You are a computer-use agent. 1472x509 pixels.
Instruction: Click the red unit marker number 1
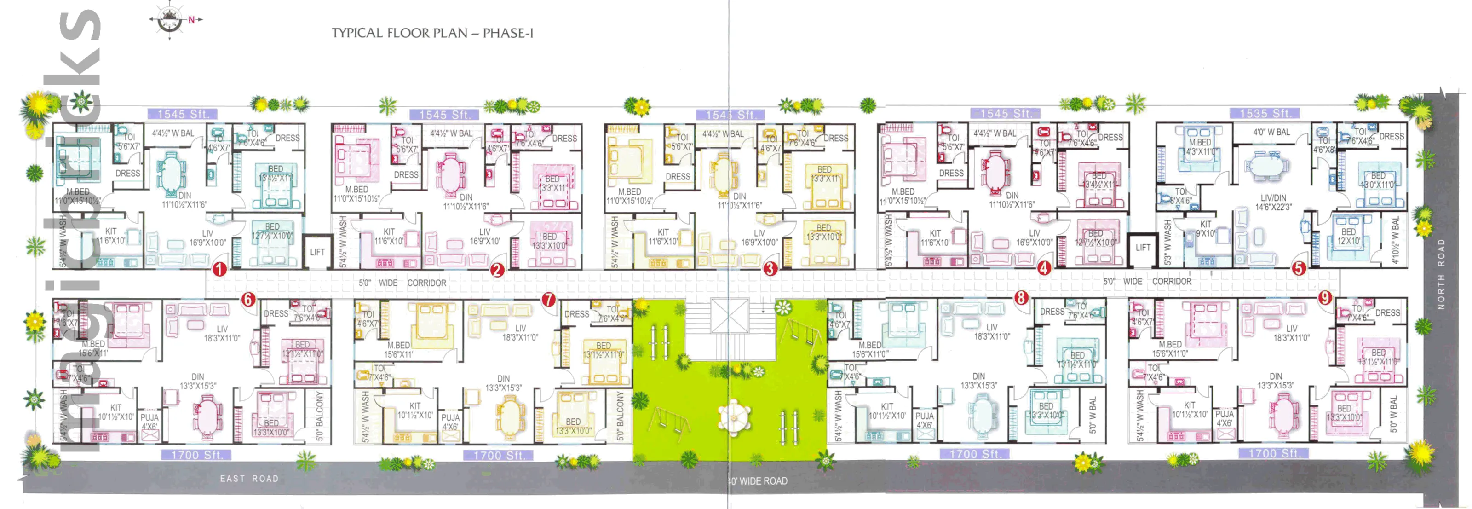[x=219, y=269]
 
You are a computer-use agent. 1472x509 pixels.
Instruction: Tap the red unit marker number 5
[x=1299, y=268]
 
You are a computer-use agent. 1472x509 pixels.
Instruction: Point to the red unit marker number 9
[x=1325, y=297]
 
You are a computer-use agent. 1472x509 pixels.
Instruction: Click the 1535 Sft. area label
[x=1265, y=113]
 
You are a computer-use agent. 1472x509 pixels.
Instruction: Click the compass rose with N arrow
[x=170, y=20]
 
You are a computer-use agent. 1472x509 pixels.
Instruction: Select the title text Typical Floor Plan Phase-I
[x=432, y=33]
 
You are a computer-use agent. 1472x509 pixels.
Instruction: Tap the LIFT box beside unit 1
[x=317, y=252]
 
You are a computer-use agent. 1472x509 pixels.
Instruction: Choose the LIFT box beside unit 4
[x=1143, y=248]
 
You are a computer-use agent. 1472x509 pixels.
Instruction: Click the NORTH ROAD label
[x=1441, y=274]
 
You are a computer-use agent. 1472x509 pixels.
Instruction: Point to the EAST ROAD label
[x=249, y=479]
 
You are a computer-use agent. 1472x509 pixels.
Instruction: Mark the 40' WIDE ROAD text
[x=758, y=481]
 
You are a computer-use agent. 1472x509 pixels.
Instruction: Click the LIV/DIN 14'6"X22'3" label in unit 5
[x=1273, y=202]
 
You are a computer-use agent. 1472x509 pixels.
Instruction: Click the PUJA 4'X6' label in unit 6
[x=149, y=422]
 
